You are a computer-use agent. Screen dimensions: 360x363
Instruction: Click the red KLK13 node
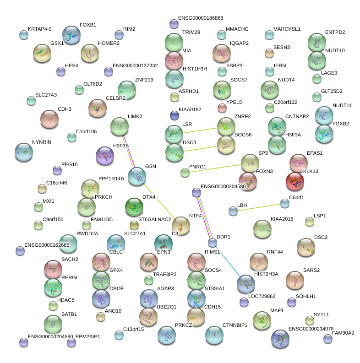coord(295,182)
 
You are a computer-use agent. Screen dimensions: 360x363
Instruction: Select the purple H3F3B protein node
coord(104,156)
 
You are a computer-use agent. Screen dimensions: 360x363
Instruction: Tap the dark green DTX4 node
coord(134,207)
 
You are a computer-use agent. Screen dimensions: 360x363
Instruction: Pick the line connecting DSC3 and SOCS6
coord(200,149)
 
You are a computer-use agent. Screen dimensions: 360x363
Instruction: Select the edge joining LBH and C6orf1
coord(259,206)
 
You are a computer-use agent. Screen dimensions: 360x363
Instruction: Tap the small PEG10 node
coord(57,170)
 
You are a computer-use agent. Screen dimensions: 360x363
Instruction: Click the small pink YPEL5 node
coord(222,108)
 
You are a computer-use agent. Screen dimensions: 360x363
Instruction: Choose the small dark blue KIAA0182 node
coord(175,114)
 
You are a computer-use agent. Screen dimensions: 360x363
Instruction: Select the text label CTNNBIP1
coord(235,325)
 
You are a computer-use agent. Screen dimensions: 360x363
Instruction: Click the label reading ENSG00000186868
coord(201,18)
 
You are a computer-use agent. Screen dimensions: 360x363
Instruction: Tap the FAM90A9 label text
coord(343,333)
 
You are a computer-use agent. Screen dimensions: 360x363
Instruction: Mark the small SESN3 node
coord(269,53)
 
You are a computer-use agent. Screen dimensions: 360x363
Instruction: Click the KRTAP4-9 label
coord(40,29)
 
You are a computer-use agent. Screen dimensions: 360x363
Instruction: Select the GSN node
coord(137,177)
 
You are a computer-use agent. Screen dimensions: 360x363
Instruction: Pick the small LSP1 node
coord(310,222)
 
